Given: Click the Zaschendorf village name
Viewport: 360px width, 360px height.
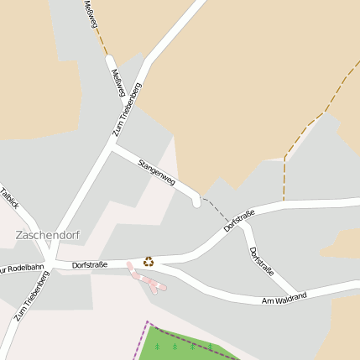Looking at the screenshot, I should [x=48, y=235].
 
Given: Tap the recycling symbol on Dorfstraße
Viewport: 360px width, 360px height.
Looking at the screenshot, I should [x=149, y=261].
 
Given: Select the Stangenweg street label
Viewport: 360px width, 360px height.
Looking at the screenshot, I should [x=156, y=170].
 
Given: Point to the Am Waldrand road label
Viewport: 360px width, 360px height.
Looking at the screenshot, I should [x=284, y=298].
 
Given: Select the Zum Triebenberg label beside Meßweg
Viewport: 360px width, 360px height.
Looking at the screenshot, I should [x=128, y=108].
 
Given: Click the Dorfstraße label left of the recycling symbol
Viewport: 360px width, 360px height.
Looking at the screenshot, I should [x=90, y=265].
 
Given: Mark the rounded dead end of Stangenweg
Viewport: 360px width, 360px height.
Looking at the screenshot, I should [x=196, y=201].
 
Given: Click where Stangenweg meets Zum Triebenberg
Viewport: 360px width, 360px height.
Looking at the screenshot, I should [x=112, y=145].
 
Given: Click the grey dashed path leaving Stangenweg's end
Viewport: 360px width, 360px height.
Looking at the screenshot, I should [x=217, y=206].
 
